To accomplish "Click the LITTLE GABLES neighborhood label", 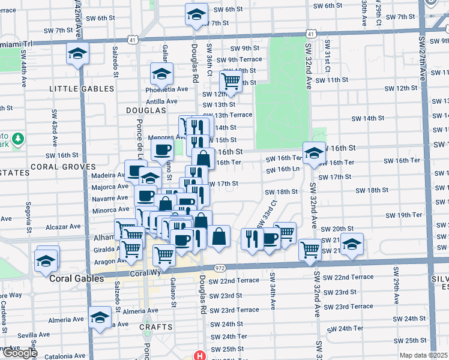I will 82,89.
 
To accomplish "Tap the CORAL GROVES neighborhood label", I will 63,167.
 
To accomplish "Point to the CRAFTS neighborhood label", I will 156,327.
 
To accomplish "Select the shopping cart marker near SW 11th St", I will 231,82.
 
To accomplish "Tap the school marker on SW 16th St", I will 313,152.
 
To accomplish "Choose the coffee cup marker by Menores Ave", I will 162,150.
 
